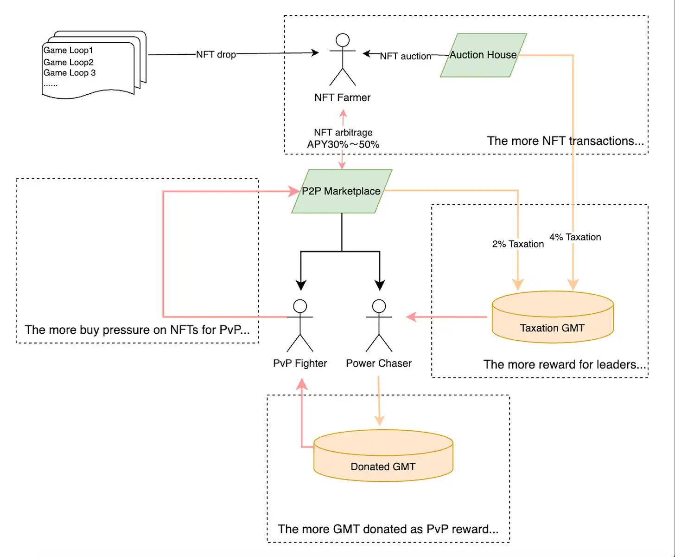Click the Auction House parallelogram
[483, 55]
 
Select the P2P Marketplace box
[341, 191]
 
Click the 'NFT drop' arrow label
[216, 54]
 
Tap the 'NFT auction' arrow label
[405, 56]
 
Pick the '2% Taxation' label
[518, 244]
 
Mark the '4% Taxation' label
[575, 237]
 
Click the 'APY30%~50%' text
[343, 144]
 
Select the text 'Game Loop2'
[69, 62]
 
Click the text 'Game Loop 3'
[70, 73]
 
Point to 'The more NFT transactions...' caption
[565, 141]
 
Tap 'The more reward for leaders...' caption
[564, 364]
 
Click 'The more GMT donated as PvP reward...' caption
[388, 529]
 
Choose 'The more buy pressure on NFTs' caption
[137, 330]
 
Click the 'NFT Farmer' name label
[343, 97]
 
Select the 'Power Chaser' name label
[379, 363]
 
